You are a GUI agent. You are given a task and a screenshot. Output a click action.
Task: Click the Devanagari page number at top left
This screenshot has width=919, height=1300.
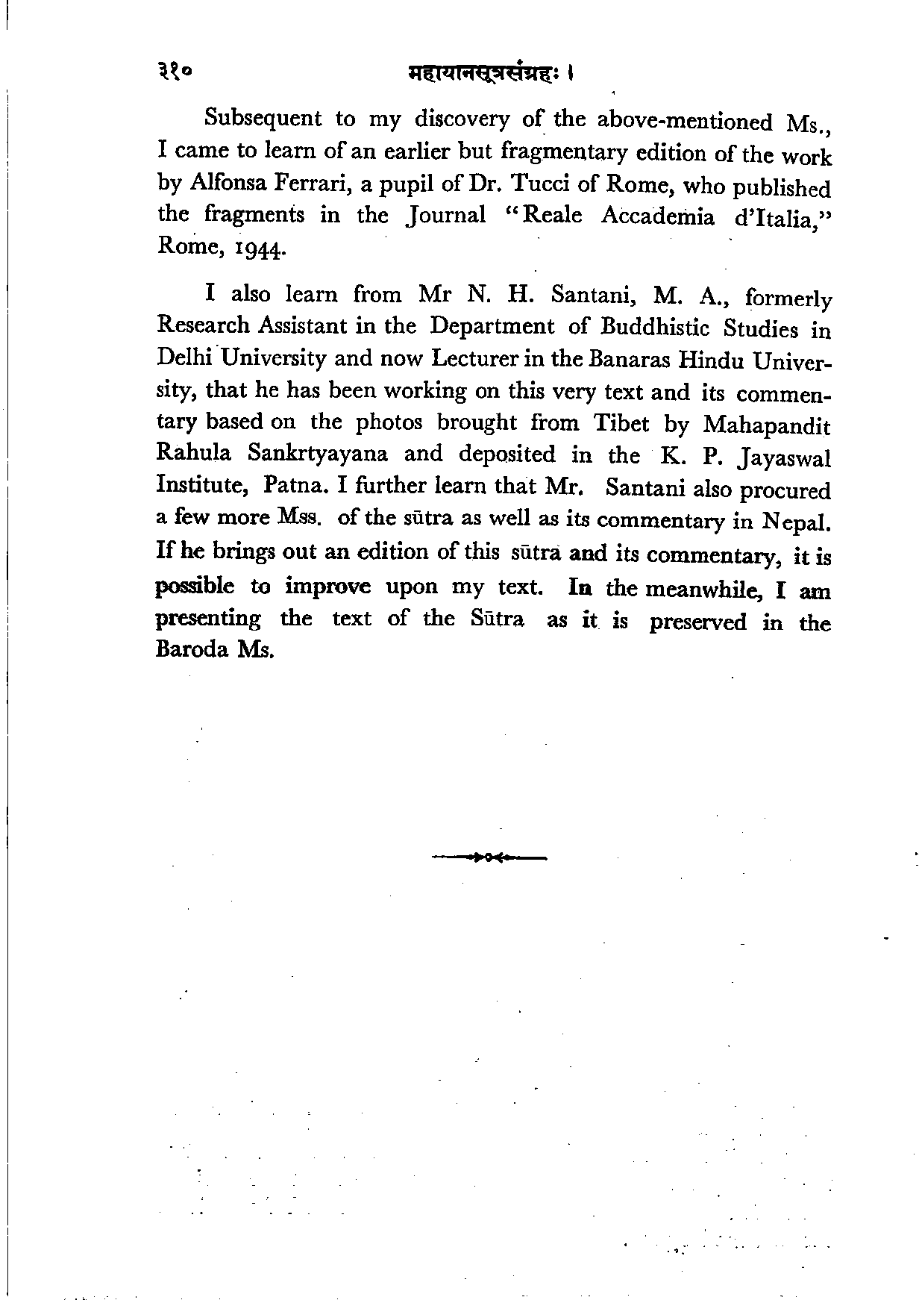(x=175, y=72)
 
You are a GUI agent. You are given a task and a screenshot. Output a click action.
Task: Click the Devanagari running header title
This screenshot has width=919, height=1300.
(x=489, y=74)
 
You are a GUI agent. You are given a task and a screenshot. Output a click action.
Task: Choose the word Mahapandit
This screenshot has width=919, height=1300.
(x=766, y=425)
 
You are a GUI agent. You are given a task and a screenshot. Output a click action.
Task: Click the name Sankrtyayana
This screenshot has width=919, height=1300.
(x=319, y=454)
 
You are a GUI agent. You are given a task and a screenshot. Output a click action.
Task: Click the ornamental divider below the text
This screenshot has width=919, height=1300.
(x=489, y=858)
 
